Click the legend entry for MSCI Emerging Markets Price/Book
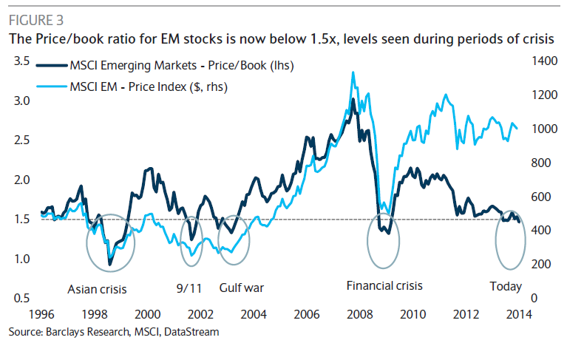(x=182, y=66)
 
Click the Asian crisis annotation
(x=98, y=288)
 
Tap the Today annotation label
(x=506, y=287)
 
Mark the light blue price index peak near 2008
(x=353, y=72)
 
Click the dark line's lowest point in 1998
(x=109, y=264)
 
